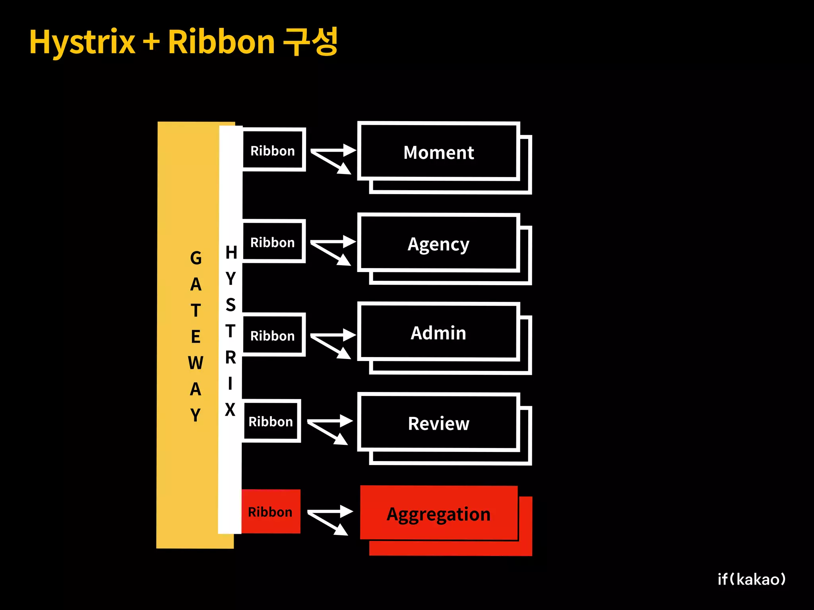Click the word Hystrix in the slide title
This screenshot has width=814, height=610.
tap(82, 42)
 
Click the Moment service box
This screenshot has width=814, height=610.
tap(438, 152)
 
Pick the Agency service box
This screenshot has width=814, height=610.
tap(438, 244)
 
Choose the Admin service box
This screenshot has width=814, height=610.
tap(438, 333)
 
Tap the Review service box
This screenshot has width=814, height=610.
tap(438, 423)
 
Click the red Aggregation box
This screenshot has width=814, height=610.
tap(438, 514)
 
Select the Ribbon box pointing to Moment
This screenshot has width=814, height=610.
tap(273, 151)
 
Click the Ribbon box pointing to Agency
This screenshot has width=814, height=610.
tap(273, 242)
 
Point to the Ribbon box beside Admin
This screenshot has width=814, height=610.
tap(273, 336)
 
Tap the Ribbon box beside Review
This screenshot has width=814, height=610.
tap(271, 421)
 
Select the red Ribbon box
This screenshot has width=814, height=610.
tap(270, 512)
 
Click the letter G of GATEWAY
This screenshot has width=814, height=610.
tap(196, 258)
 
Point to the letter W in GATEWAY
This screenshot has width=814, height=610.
tap(196, 363)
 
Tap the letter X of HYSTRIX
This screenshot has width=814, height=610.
tap(230, 409)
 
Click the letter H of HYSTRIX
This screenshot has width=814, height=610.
tap(231, 253)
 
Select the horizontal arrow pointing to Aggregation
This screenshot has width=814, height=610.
tap(331, 512)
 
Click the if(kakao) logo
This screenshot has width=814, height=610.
tap(752, 579)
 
